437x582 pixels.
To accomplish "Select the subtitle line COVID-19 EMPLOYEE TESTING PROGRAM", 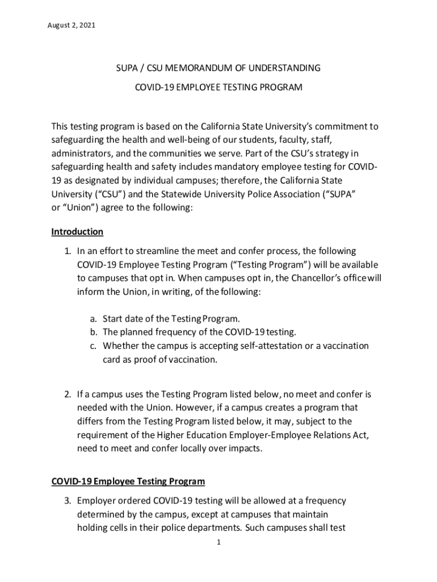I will (218, 88).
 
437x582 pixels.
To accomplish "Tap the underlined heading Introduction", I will (77, 232).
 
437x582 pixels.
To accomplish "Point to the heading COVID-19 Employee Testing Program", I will (128, 481).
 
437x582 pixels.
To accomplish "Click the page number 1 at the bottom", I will (218, 542).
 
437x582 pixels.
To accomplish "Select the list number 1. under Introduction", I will (66, 251).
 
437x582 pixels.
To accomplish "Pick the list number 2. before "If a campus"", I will (66, 394).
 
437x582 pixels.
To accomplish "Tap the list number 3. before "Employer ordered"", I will (66, 501).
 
